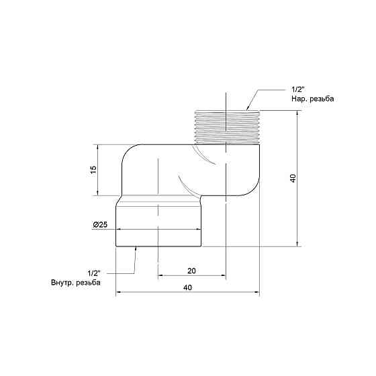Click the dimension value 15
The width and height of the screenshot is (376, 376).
pyautogui.click(x=94, y=170)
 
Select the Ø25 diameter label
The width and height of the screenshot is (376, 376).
pyautogui.click(x=100, y=225)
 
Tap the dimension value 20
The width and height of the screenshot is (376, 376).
pyautogui.click(x=191, y=271)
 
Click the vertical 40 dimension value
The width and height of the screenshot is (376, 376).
pyautogui.click(x=293, y=179)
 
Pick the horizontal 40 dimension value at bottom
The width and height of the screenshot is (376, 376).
pyautogui.click(x=187, y=287)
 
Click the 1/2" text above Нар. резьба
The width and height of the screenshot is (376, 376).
pyautogui.click(x=298, y=89)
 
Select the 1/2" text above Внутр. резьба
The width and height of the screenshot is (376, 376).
pyautogui.click(x=94, y=273)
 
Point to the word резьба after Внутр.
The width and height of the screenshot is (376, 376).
pyautogui.click(x=88, y=283)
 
